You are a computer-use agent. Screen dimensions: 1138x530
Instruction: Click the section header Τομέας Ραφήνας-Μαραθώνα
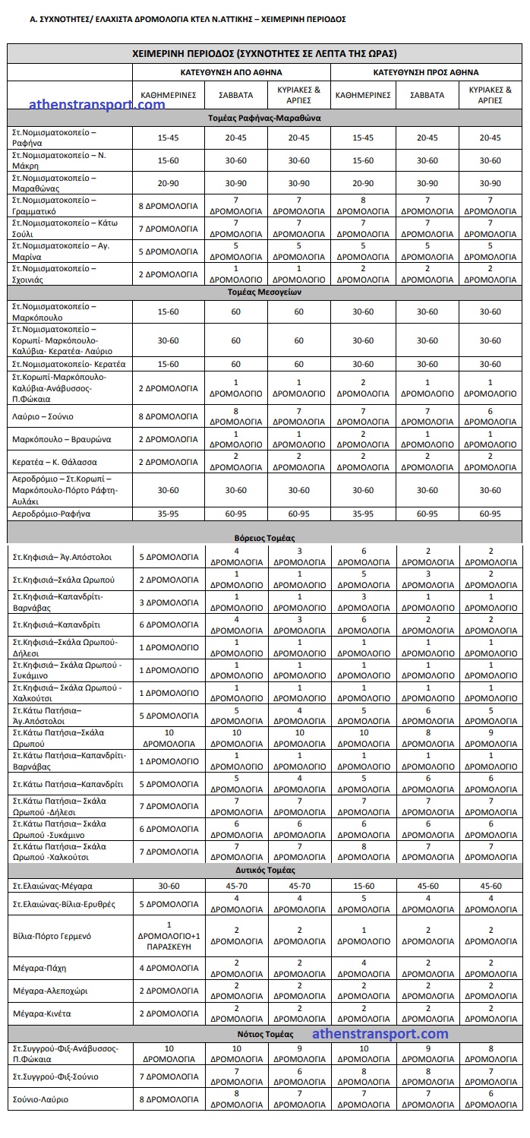point(265,119)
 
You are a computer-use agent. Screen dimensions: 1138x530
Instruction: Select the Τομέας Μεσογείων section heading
point(265,292)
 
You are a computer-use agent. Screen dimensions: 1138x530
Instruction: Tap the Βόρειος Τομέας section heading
point(265,537)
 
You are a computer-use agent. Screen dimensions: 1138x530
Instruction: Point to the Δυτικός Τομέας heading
point(265,870)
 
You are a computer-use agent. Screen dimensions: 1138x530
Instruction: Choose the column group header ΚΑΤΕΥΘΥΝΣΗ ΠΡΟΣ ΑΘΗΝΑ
point(426,73)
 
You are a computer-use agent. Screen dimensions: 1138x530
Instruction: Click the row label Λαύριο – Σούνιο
point(42,416)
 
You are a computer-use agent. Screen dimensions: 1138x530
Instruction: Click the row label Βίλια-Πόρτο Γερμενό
point(52,936)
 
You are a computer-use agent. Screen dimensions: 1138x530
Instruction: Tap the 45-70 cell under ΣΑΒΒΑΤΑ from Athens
point(236,886)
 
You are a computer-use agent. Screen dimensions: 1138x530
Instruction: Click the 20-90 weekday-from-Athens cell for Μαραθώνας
point(168,183)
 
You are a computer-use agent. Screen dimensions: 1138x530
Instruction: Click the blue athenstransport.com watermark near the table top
point(96,105)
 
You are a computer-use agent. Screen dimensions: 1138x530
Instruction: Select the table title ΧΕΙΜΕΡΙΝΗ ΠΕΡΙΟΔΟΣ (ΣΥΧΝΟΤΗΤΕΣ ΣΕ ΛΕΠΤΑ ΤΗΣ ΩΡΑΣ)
point(265,53)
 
